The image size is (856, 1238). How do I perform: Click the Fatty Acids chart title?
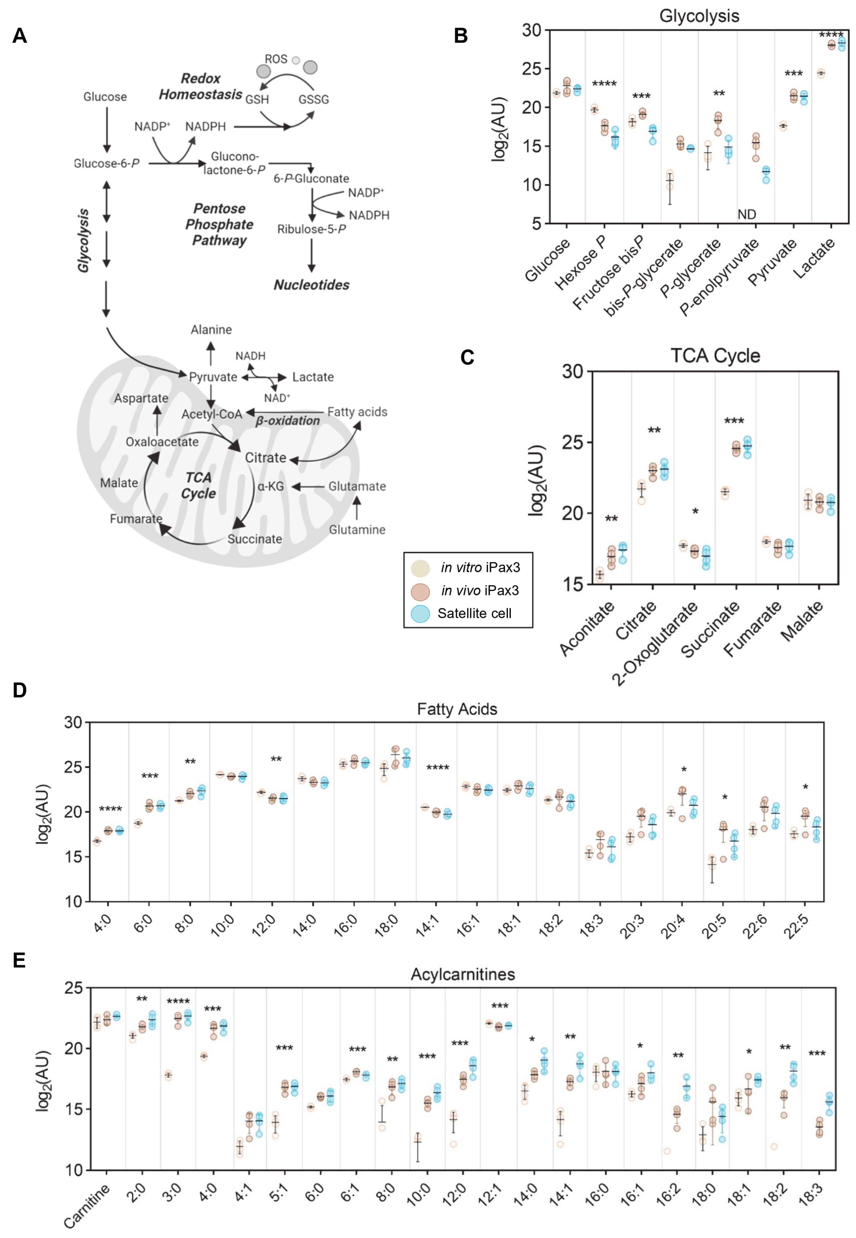point(457,709)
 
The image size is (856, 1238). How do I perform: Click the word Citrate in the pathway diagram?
point(265,458)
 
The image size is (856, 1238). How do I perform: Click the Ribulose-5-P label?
point(311,229)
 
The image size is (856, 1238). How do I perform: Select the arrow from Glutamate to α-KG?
point(308,486)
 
